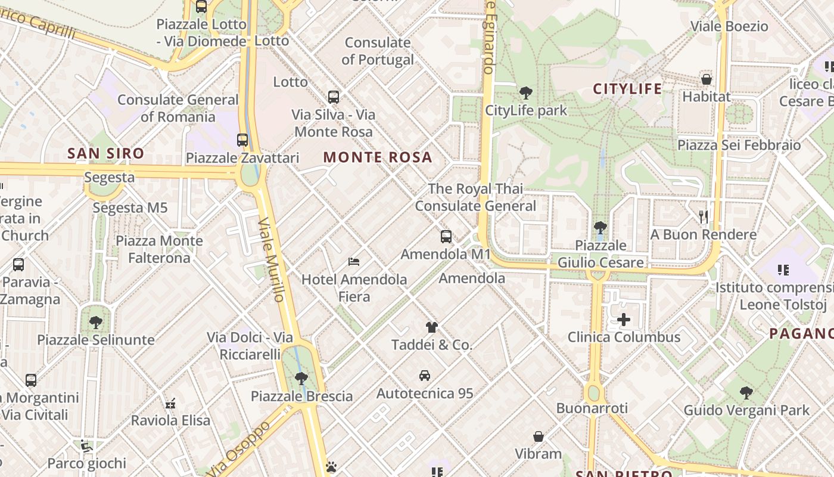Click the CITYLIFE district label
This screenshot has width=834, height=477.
point(627,89)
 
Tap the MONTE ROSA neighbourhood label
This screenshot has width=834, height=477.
point(378,157)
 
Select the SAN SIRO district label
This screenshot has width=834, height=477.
point(105,153)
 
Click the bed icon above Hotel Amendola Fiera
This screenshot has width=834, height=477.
point(354,262)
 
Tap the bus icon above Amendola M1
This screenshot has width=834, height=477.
point(446,237)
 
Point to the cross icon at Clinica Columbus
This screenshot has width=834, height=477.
point(624,320)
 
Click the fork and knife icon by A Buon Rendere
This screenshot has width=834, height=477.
point(704,216)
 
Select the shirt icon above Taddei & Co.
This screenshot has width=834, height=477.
point(432,327)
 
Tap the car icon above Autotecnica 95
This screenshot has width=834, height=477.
point(425,376)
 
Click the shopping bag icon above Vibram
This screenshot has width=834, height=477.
point(539,436)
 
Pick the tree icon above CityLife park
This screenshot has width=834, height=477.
point(525,92)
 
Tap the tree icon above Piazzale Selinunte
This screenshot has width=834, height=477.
point(95,323)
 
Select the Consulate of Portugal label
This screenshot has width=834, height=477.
point(378,51)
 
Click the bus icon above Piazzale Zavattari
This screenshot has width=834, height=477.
point(242,140)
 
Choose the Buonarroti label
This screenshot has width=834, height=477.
point(592,408)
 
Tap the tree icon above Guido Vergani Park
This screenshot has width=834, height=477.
point(746,392)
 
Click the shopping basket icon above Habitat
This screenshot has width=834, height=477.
point(707,79)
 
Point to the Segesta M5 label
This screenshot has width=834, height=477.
point(130,208)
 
